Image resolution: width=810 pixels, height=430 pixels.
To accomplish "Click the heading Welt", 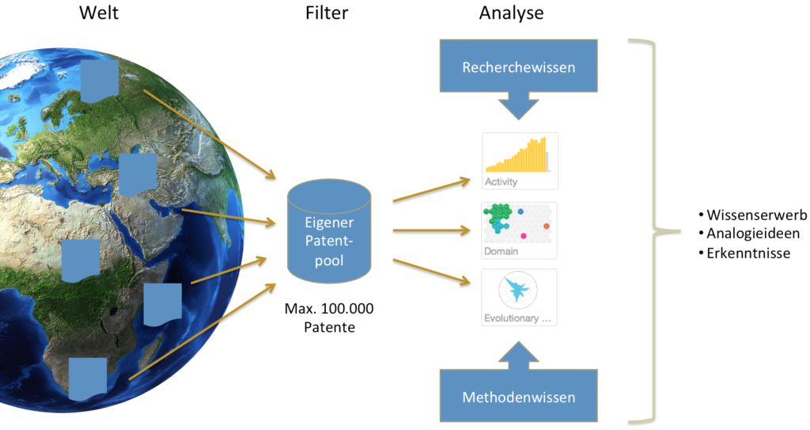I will coord(99,13).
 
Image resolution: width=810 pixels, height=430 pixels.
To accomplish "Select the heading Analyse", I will coord(511,13).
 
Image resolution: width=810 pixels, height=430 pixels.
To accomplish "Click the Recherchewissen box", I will coord(518,67).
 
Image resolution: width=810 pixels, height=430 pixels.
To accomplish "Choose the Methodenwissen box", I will coord(518,396).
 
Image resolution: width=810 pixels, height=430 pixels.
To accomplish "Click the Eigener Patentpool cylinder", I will coord(329,231).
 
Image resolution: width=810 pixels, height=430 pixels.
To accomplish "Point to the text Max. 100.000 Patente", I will coord(329,317).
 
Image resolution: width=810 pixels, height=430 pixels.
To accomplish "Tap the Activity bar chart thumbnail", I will coord(520,161).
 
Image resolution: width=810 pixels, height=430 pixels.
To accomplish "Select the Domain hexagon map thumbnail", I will coord(520,230).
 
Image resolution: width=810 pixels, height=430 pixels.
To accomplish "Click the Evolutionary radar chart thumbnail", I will coord(520,298).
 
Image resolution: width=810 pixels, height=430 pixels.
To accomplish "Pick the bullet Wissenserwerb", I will coord(752,215).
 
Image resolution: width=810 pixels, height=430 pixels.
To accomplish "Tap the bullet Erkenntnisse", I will coord(744,253).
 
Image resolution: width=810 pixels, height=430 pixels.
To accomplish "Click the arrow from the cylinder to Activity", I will coord(431,190).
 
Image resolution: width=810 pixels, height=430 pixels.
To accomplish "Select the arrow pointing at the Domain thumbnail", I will coord(431,231).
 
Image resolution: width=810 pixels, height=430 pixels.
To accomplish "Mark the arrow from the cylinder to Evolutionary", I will coord(431,268).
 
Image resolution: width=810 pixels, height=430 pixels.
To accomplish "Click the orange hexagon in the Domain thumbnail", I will coord(547,227).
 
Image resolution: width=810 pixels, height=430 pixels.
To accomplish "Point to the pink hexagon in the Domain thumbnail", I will coord(523,236).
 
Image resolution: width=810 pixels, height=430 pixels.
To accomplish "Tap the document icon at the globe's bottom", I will coord(88,379).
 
